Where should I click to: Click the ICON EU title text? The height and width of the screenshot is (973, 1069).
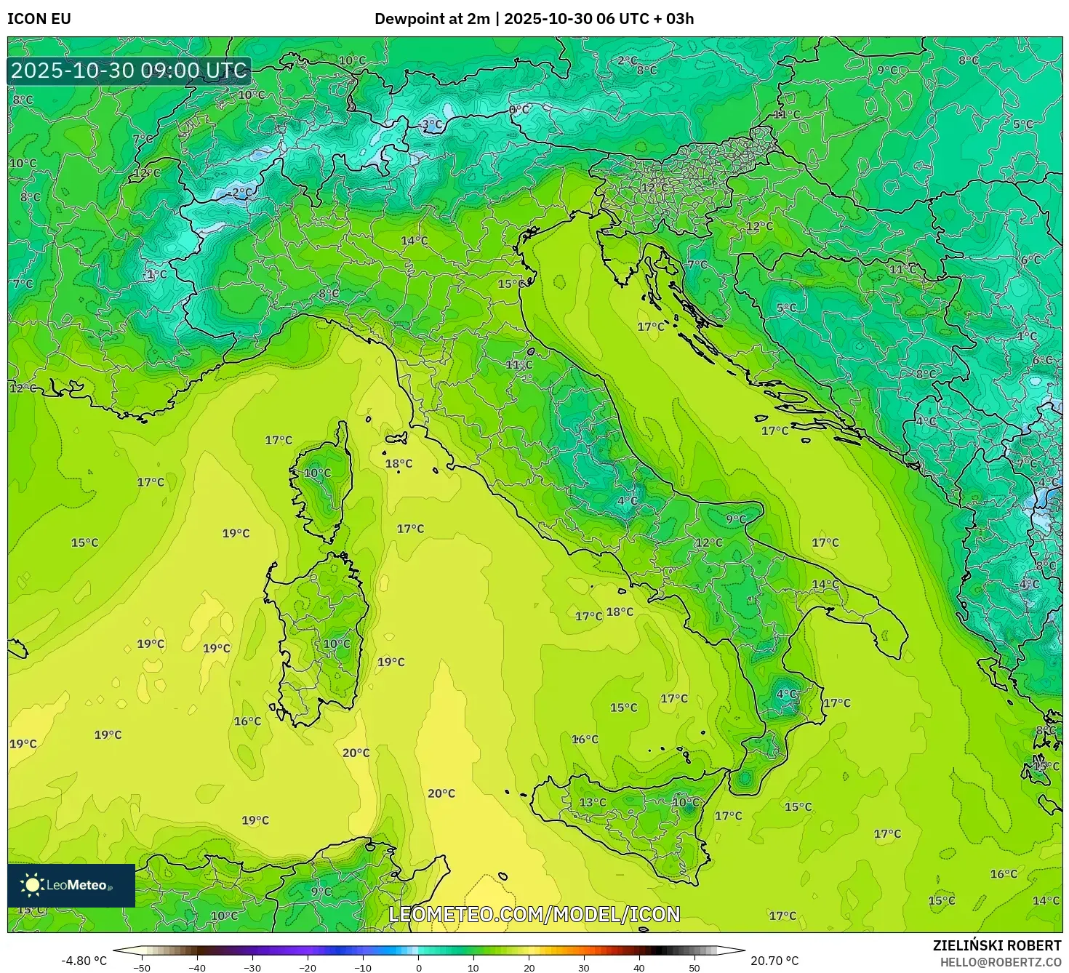(39, 19)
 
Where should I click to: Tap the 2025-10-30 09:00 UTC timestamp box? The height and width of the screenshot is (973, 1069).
(129, 71)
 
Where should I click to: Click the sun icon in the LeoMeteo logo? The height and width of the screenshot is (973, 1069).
(32, 884)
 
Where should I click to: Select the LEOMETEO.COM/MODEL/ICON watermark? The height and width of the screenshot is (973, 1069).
(534, 914)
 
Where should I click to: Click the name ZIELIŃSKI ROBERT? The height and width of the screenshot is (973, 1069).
(997, 945)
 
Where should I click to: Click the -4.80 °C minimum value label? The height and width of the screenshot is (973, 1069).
(84, 961)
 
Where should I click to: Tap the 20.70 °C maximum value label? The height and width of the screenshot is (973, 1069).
(774, 961)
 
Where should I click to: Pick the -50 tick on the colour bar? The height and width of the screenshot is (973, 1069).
(142, 968)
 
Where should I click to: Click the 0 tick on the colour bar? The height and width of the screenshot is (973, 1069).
(418, 968)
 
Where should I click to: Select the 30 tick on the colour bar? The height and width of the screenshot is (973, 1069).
(584, 968)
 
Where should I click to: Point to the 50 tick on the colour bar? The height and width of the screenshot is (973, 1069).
(694, 968)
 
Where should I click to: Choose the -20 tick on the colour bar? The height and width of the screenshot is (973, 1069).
(308, 968)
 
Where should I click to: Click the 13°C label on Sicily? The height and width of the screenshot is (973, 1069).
(592, 802)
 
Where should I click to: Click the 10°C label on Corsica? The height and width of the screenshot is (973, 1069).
(317, 473)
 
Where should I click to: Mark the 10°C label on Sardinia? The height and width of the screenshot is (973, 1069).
(337, 644)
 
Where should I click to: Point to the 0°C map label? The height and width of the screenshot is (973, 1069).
(519, 110)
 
